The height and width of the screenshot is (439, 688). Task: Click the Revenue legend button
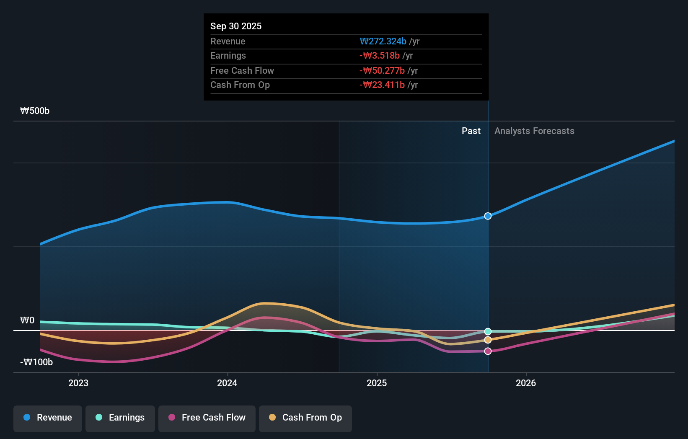(47, 418)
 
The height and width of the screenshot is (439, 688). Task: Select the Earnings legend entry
(120, 418)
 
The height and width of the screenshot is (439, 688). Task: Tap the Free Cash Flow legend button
(207, 418)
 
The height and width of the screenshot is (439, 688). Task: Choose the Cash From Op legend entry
(305, 418)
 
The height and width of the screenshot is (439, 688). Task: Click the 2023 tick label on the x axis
(78, 383)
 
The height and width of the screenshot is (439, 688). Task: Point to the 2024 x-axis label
(227, 383)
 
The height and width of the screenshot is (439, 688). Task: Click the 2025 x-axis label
(377, 383)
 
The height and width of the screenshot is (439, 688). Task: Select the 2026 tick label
(526, 383)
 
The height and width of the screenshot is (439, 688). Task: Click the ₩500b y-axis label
(35, 111)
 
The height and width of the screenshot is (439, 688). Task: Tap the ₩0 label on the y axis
(27, 320)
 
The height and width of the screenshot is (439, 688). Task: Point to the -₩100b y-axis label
(36, 362)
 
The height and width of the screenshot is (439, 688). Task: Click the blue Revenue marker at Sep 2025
(488, 216)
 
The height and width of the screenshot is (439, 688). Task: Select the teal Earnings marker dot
(488, 332)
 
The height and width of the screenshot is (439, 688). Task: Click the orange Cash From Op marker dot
(488, 340)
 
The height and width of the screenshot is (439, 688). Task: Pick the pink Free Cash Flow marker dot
(488, 351)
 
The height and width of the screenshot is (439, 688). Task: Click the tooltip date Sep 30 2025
(236, 26)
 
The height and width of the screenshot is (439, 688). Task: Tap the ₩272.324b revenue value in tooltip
(383, 41)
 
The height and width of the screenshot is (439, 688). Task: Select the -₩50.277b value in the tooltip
(382, 70)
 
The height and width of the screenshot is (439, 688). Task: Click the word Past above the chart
(471, 131)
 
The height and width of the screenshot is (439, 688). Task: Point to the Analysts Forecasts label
(534, 131)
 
